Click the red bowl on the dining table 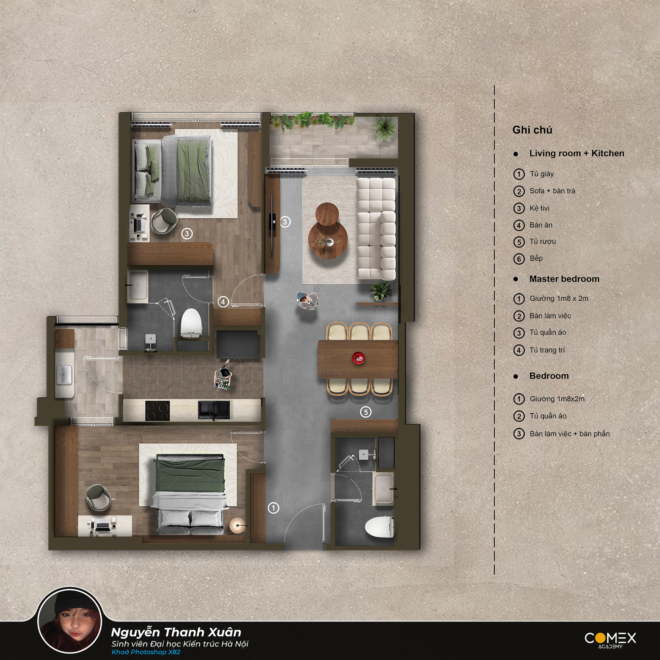click(358, 358)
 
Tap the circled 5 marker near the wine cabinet click(366, 412)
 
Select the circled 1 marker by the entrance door click(273, 508)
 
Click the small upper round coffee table click(327, 214)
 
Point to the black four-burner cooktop click(157, 411)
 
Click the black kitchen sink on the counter click(214, 410)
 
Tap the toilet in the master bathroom click(191, 323)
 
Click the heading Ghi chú click(532, 130)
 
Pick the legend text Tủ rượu click(543, 242)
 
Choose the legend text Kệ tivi click(540, 208)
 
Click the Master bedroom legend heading click(564, 279)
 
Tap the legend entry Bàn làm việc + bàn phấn click(570, 434)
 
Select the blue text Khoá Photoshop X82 click(146, 652)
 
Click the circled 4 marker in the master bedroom click(223, 302)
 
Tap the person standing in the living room click(307, 301)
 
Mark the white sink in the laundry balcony click(64, 375)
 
